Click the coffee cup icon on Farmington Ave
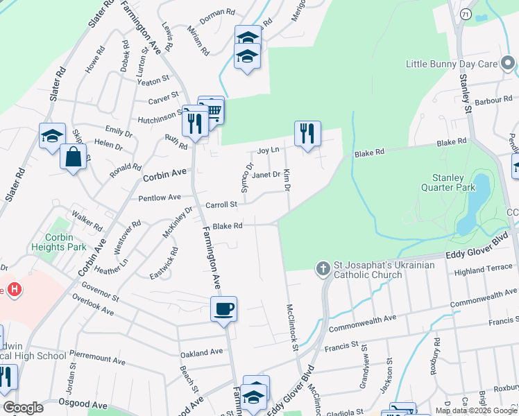[x=223, y=309]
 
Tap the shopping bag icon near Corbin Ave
[x=73, y=157]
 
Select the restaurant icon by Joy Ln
[x=307, y=133]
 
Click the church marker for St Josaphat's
[x=323, y=268]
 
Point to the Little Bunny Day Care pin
[x=508, y=64]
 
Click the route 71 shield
[x=464, y=14]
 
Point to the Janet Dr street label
[x=266, y=175]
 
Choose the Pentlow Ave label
[x=160, y=198]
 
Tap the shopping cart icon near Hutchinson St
[x=212, y=110]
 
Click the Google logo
[x=23, y=408]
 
